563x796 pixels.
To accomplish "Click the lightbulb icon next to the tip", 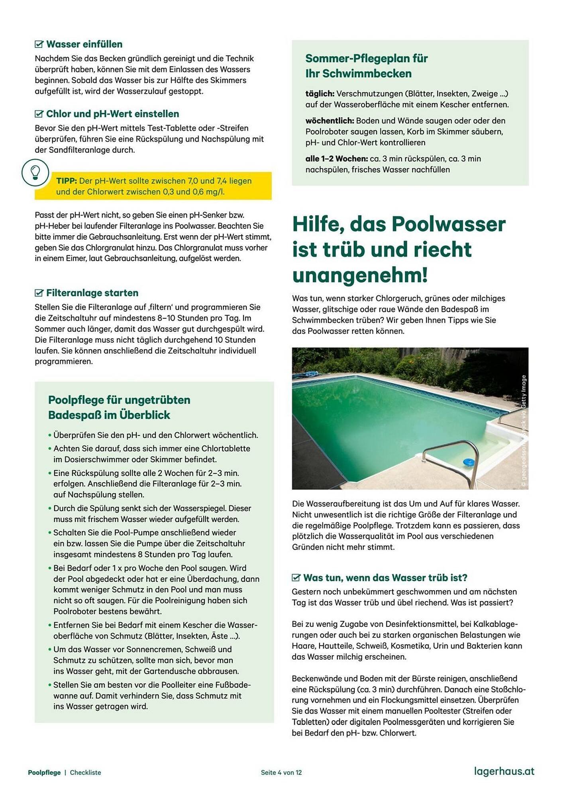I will (35, 172).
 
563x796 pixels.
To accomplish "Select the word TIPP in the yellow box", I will (66, 181).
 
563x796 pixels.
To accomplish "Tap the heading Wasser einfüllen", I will (84, 44).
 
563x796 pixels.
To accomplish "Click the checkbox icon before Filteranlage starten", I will (39, 293).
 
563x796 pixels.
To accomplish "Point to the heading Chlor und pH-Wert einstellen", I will (112, 114).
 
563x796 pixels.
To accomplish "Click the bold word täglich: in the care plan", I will (320, 94).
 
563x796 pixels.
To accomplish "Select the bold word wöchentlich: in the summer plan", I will (330, 121).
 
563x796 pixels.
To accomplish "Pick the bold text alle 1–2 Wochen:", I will (336, 159).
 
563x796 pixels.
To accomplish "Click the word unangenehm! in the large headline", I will (360, 275).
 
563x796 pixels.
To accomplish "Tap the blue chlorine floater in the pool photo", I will (469, 462).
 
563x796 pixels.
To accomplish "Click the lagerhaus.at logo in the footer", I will (504, 771).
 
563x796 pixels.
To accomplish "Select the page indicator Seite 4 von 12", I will (281, 773).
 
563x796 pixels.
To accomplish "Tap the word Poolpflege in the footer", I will (44, 773).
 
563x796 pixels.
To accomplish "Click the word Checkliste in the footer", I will (85, 773).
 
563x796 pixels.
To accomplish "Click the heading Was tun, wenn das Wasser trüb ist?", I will (385, 577).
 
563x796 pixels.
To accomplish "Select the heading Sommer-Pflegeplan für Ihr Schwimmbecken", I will (366, 66).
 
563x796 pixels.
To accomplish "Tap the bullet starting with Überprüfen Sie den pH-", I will (155, 435).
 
